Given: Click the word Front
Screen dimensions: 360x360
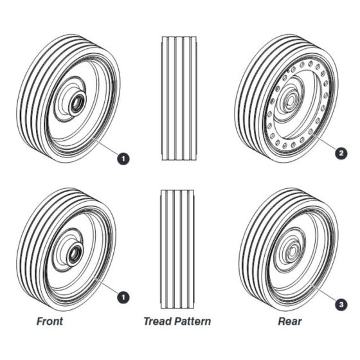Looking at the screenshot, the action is tap(50, 321).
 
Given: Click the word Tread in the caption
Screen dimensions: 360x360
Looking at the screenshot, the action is tap(157, 321).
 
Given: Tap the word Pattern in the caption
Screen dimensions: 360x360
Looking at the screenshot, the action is tap(192, 321).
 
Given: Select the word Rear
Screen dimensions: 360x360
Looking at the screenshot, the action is tap(290, 321).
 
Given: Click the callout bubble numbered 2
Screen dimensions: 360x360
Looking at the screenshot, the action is tap(341, 153).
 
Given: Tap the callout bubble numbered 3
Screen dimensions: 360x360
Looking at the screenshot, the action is tap(341, 305).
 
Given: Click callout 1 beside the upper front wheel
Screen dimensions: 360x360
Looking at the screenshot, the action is tap(123, 159).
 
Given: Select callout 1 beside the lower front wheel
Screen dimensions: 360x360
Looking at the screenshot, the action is tap(123, 297).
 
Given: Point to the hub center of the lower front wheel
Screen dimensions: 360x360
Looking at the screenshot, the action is tap(74, 255).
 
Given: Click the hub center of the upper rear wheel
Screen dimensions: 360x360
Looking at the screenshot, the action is tap(290, 100).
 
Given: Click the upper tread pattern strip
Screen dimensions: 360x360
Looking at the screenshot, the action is tap(179, 98).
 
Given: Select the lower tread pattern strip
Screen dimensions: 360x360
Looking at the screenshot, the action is tap(177, 249).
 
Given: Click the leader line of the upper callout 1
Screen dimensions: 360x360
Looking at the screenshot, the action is tap(106, 147).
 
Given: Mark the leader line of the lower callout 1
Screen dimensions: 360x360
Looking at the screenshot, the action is tap(106, 285).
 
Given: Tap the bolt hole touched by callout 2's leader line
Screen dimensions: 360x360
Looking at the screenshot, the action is tap(311, 132).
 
